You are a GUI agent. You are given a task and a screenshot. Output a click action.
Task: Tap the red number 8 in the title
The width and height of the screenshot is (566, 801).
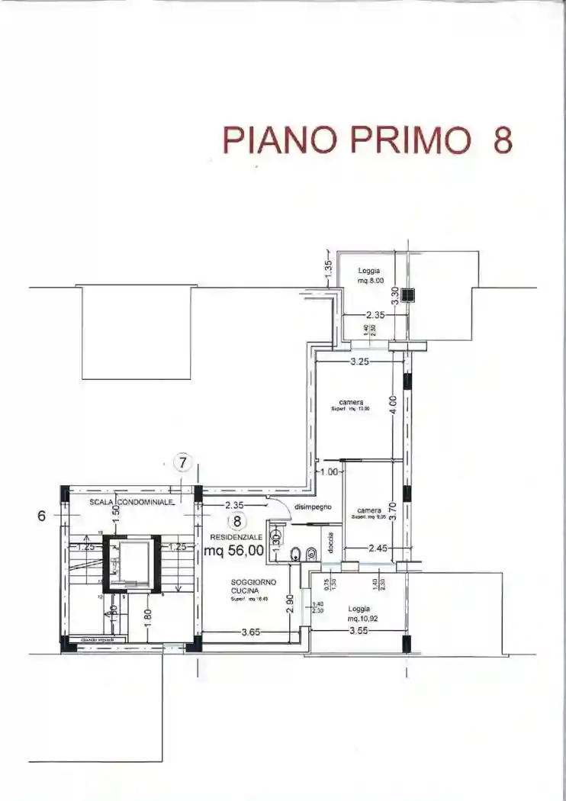502,140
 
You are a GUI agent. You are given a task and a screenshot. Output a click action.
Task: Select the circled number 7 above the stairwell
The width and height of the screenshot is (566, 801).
183,462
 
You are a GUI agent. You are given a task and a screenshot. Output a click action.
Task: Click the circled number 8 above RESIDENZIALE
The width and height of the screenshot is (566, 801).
237,522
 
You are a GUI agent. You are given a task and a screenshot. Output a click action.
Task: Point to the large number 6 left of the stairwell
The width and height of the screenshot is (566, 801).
43,516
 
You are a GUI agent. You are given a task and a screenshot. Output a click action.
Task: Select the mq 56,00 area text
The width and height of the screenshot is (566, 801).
233,549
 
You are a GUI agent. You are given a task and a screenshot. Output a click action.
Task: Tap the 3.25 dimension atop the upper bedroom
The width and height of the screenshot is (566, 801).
360,362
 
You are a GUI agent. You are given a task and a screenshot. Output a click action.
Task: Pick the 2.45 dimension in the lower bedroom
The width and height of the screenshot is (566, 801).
379,548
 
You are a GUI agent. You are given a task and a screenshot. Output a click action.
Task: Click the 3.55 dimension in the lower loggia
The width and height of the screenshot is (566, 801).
359,631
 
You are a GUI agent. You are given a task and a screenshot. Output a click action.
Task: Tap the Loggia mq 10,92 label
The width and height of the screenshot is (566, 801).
359,613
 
